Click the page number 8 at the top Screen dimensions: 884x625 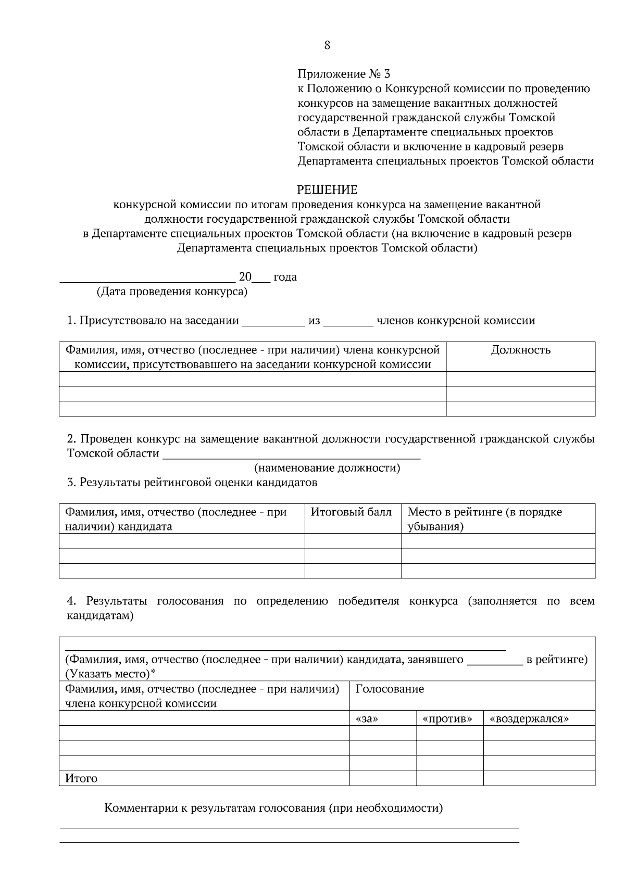327,45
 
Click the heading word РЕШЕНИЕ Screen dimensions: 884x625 327,190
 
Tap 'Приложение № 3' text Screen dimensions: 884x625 344,74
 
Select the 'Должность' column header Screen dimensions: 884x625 520,350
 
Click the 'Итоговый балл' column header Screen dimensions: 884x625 351,512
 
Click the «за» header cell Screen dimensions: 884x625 366,718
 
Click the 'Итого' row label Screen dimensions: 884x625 81,779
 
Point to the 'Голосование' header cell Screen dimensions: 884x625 390,689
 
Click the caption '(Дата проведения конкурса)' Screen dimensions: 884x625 172,292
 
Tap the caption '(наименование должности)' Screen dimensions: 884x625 327,468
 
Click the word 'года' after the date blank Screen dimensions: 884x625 285,277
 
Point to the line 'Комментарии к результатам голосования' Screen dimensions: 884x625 273,809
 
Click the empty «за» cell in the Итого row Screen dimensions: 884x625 383,778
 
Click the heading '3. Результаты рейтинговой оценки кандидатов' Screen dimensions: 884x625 192,483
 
